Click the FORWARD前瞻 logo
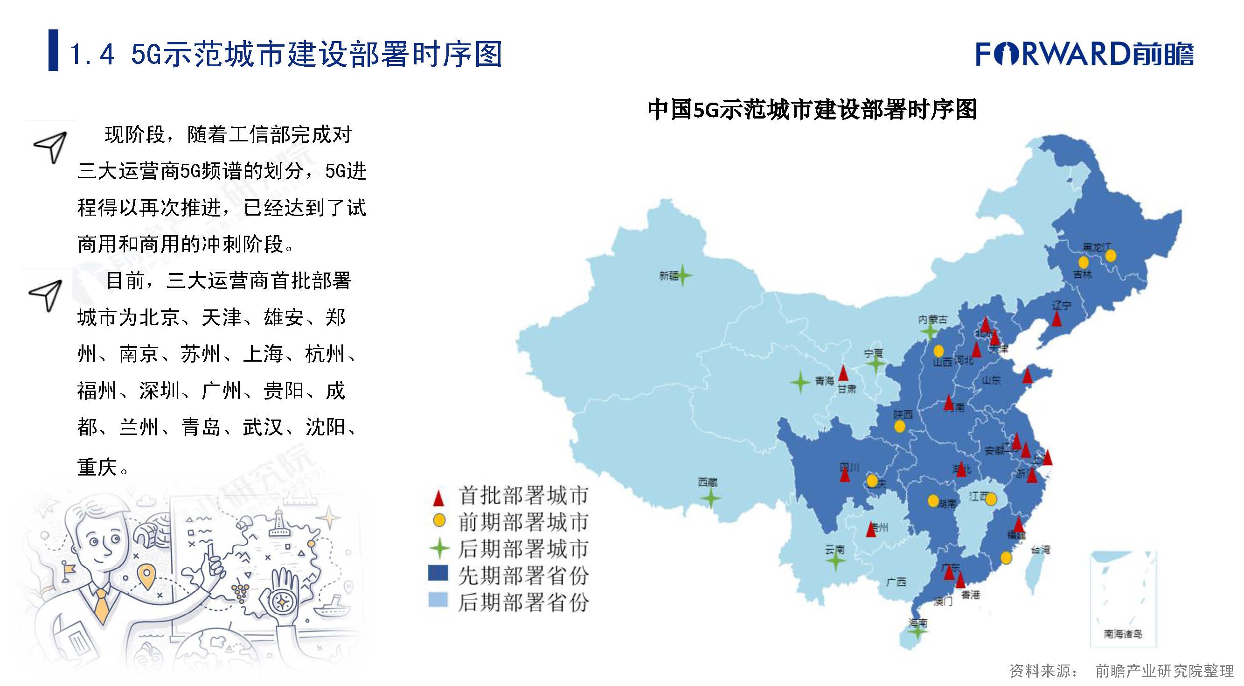pos(1084,54)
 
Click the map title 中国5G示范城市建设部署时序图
pos(812,109)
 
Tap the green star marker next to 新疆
pos(683,275)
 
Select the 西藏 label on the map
pos(708,482)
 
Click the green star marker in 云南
pos(835,560)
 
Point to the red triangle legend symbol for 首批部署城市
pos(438,497)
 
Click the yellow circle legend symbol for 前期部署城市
pos(439,520)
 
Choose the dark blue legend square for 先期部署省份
pos(438,573)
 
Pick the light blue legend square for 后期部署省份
pos(438,600)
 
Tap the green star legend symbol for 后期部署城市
pos(439,548)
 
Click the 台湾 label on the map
pos(1040,550)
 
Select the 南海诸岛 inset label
pos(1123,633)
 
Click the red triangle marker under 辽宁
pos(1057,319)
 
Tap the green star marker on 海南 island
pos(917,630)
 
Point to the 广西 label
pos(896,581)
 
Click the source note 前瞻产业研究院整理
pos(1164,671)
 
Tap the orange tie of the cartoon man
pos(102,606)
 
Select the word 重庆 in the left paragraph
pos(97,467)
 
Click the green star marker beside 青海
pos(800,382)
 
